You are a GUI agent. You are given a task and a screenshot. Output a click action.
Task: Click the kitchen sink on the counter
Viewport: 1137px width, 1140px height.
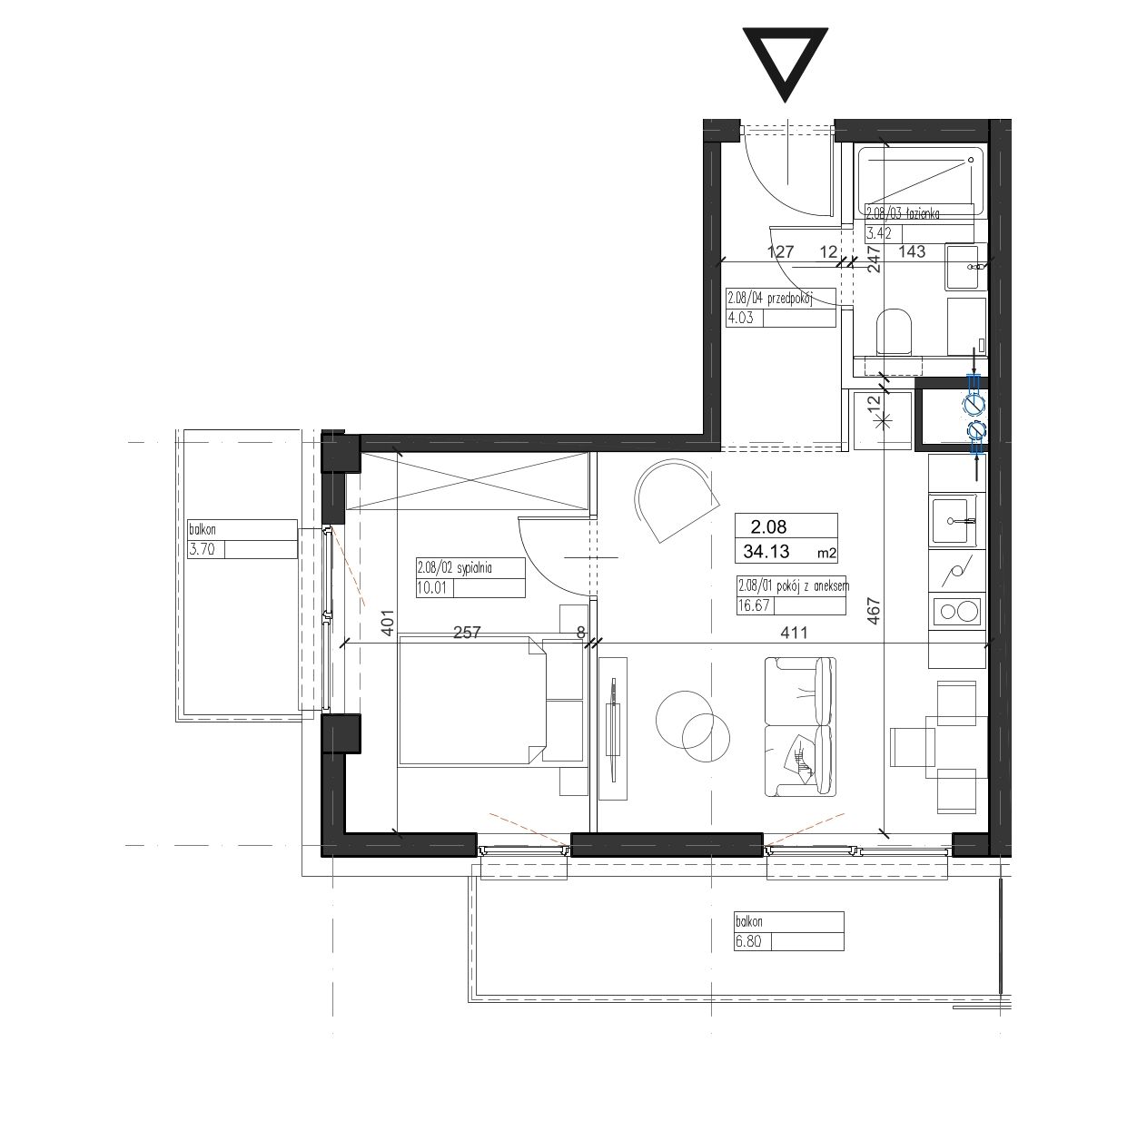pos(954,521)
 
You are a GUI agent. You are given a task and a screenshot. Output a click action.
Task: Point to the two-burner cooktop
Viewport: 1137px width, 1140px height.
pos(957,613)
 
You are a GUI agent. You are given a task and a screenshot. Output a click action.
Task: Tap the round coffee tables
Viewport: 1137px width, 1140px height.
pos(693,726)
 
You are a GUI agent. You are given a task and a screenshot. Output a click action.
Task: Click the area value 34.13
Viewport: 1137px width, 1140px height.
pos(766,552)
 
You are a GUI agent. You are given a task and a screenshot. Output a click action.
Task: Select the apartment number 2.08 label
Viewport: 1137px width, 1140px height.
pos(768,526)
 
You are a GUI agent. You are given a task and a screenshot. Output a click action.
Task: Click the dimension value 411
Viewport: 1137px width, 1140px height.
pos(794,633)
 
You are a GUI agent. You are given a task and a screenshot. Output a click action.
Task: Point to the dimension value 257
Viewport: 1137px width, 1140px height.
pos(467,633)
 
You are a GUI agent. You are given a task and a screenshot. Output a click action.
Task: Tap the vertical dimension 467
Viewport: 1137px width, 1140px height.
pos(874,612)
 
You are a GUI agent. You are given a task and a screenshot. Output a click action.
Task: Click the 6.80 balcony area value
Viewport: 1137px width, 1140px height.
pos(748,941)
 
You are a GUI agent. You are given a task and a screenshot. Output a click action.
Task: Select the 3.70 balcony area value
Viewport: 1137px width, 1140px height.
pos(202,550)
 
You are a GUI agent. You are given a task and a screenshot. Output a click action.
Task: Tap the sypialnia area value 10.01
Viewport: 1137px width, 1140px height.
pos(432,589)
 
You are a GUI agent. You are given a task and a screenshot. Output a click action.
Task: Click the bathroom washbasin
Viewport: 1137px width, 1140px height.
pos(966,266)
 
